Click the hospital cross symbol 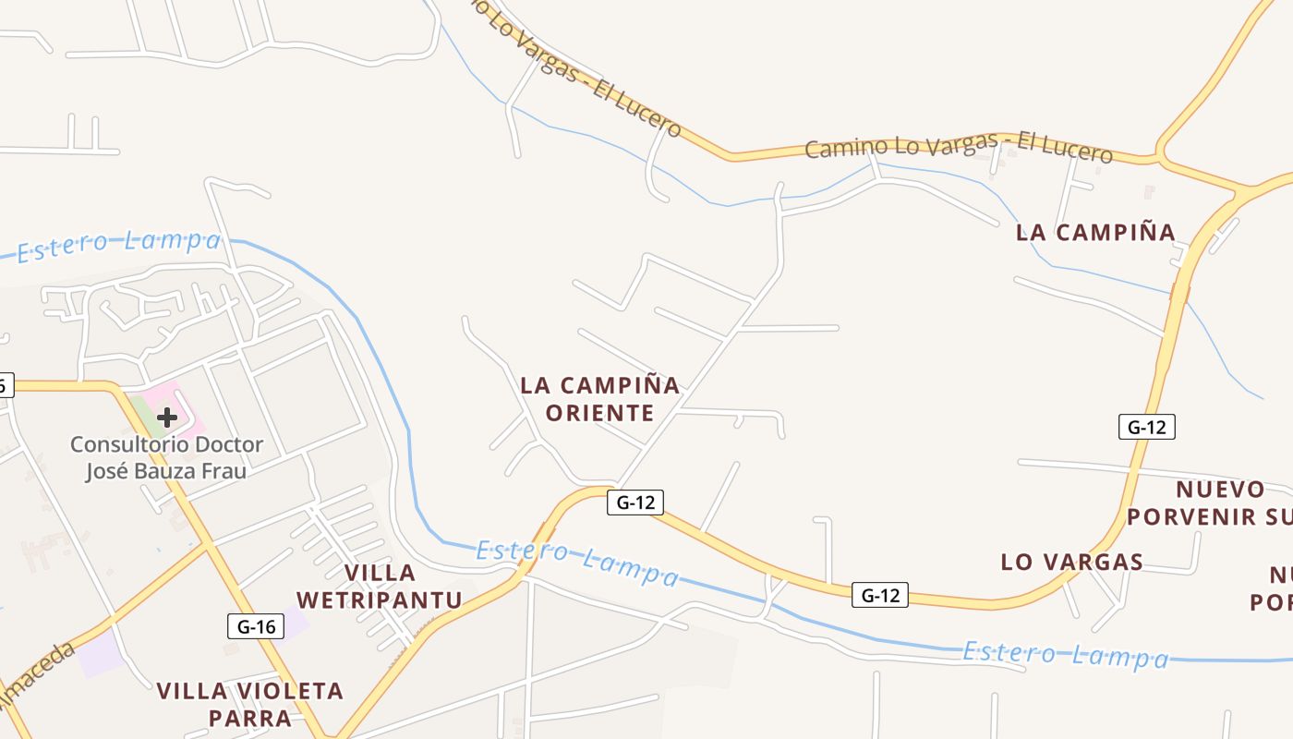(167, 418)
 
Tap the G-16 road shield (255, 626)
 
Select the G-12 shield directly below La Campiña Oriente (635, 503)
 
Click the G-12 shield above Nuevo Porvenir (1146, 427)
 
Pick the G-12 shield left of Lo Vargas (879, 595)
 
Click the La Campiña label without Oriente (1095, 233)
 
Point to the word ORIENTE (599, 413)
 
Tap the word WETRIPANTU (379, 600)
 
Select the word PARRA (249, 718)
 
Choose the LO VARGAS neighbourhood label (1072, 562)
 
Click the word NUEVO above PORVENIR (1220, 489)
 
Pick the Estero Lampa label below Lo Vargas (1066, 655)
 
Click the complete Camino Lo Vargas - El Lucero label (958, 148)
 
